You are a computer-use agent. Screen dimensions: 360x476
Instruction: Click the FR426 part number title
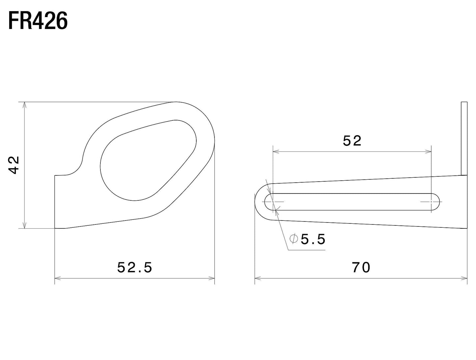tap(38, 21)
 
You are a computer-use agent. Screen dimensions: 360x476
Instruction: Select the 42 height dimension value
tap(14, 165)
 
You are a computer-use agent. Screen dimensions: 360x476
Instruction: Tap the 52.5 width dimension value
tap(135, 268)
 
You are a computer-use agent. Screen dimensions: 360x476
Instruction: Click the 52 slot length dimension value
tap(352, 141)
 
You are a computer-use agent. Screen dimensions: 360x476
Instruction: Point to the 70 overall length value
tap(361, 268)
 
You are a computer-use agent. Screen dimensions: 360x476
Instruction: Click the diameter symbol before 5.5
tap(294, 239)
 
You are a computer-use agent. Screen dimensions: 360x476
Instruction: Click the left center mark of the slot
tap(273, 201)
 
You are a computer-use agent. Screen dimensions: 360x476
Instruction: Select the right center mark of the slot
tap(431, 201)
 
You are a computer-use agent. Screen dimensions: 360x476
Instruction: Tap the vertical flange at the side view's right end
tap(464, 138)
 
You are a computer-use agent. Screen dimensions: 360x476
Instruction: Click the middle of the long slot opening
tap(352, 201)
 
